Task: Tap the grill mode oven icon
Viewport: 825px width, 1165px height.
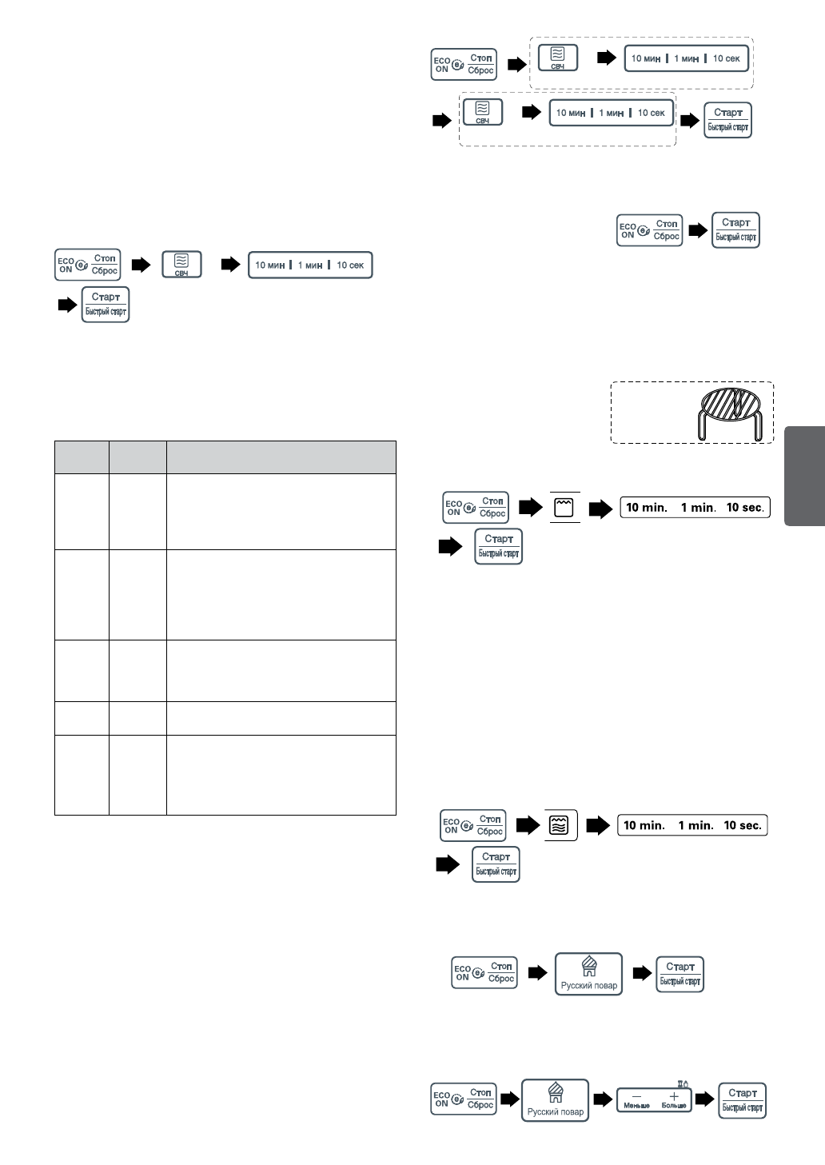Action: pos(564,508)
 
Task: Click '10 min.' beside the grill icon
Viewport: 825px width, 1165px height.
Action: pos(646,508)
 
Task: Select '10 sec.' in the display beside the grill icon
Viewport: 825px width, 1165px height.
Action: pos(744,508)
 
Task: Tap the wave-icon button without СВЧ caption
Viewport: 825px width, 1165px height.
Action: pos(560,825)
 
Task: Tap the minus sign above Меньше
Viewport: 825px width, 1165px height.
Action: pos(636,1096)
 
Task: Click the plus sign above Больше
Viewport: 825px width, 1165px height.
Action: pos(674,1096)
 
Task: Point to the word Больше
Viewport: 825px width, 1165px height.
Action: pos(674,1106)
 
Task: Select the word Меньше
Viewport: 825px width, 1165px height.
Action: pos(636,1106)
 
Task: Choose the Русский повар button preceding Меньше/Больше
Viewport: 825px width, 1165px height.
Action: pos(555,1100)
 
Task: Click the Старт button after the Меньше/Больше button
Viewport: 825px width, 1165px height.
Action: pos(743,1100)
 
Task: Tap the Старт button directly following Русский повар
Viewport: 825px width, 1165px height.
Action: pos(680,974)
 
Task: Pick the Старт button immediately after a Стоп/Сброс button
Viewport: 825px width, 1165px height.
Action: pos(735,230)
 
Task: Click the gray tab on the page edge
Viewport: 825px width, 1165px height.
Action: pos(804,476)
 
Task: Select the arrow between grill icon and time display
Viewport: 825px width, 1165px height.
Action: pos(600,509)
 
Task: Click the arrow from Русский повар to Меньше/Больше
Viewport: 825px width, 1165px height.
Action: pos(603,1100)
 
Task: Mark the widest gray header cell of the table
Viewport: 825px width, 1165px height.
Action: pos(281,457)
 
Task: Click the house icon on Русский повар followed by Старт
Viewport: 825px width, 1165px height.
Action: pos(588,967)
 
